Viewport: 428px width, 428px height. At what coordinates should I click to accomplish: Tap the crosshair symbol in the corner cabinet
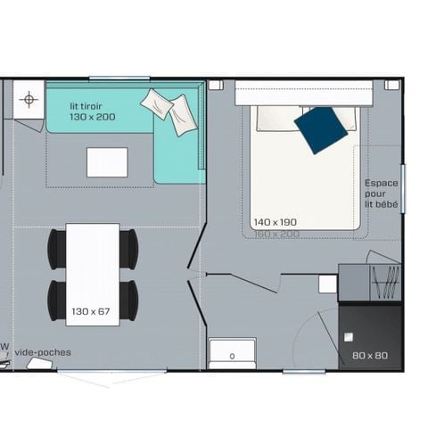click(x=29, y=99)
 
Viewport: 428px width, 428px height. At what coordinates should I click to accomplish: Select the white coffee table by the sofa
click(x=107, y=162)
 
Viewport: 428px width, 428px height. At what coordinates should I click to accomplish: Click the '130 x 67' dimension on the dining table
click(x=91, y=311)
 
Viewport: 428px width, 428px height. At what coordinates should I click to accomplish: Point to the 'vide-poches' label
click(x=42, y=352)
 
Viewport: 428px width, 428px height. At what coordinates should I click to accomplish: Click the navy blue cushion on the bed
click(x=320, y=129)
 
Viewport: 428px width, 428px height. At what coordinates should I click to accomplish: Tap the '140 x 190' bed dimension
click(x=274, y=221)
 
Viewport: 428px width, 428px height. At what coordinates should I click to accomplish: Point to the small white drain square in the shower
click(x=349, y=337)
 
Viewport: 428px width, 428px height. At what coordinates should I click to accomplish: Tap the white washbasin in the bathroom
click(x=232, y=352)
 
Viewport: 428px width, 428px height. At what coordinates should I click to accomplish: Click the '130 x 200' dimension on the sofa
click(x=94, y=117)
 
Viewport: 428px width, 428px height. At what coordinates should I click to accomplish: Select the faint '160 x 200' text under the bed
click(x=276, y=233)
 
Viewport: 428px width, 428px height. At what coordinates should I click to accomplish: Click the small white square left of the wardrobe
click(x=328, y=284)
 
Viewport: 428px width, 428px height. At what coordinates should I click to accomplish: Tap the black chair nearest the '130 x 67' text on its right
click(x=128, y=300)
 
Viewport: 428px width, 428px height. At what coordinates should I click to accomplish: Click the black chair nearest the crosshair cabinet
click(x=57, y=248)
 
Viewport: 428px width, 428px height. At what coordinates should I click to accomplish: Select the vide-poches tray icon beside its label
click(x=40, y=364)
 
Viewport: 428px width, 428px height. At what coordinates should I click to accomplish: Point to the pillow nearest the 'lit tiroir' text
click(x=157, y=103)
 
